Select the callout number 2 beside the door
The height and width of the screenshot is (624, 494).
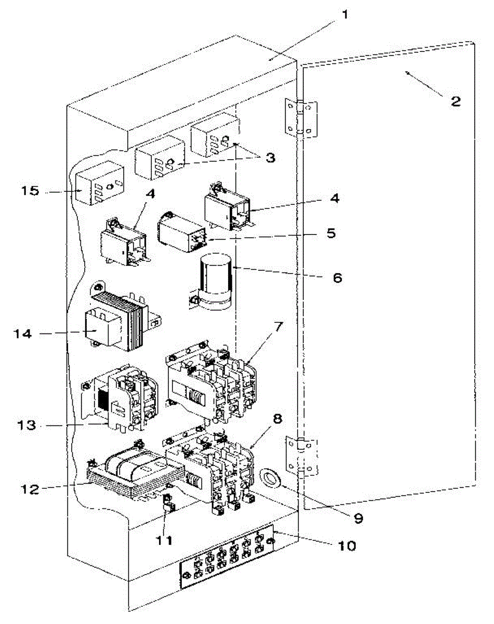pos(455,101)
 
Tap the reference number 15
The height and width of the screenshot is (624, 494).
pos(31,191)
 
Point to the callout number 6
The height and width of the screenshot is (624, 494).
pos(337,278)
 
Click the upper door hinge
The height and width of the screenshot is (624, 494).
pos(301,118)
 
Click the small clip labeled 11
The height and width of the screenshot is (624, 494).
pos(169,504)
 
